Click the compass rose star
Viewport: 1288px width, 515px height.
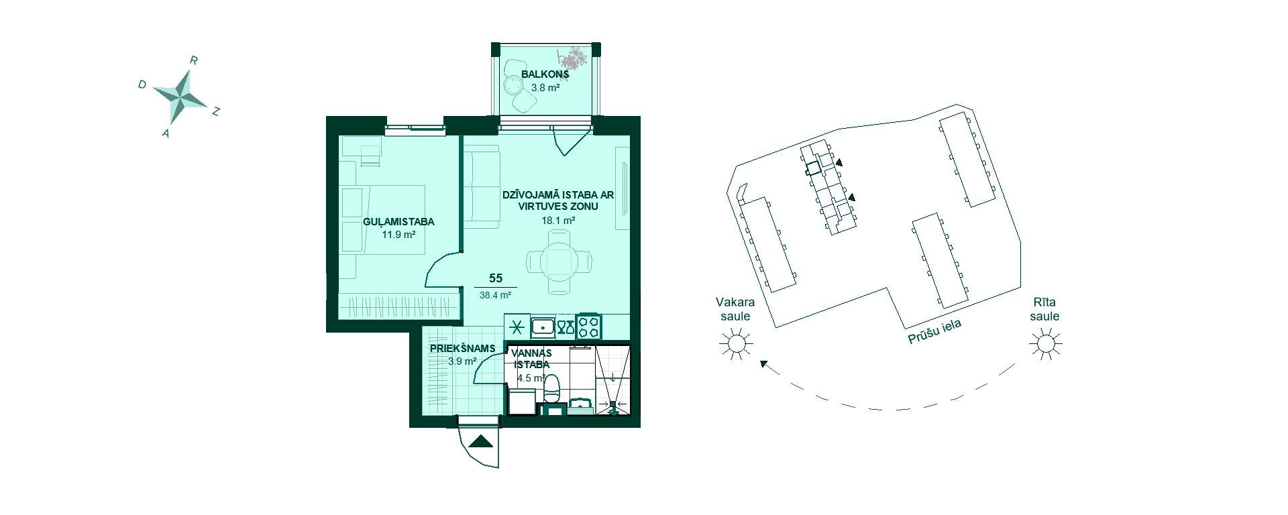tap(180, 96)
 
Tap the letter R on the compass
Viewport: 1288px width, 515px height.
tap(193, 60)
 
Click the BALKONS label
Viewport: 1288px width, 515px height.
tap(545, 74)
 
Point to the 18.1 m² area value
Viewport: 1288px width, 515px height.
tap(559, 220)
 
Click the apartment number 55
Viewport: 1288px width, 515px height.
tap(496, 278)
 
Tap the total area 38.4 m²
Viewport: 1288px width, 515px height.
tap(496, 294)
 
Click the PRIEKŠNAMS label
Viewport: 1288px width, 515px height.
tap(463, 349)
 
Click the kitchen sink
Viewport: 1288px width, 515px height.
tap(542, 327)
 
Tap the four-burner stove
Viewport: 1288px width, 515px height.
tap(589, 327)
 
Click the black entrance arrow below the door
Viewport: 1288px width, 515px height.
tap(479, 441)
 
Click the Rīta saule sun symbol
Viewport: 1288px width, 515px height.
tap(1045, 344)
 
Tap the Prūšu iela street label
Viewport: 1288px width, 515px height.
tap(935, 332)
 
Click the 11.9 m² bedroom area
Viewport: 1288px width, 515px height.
tap(398, 235)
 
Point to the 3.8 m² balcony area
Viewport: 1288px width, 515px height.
tap(545, 87)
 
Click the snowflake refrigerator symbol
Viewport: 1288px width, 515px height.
tap(517, 328)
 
